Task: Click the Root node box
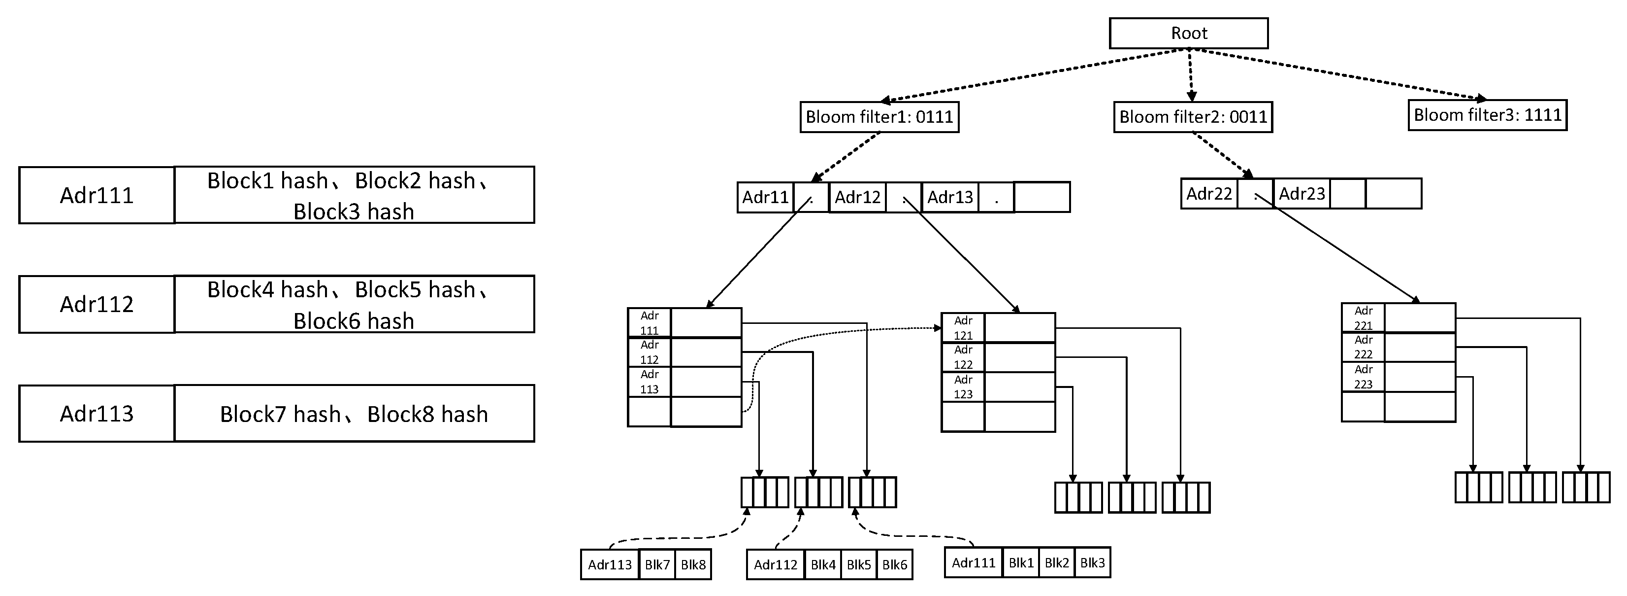click(1188, 33)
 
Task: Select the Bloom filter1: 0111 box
click(879, 117)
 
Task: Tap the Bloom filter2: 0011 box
click(1193, 117)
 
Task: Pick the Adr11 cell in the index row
click(765, 197)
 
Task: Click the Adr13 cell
click(949, 197)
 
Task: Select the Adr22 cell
click(1208, 193)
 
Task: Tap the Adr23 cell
click(1301, 193)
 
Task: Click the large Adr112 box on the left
click(97, 304)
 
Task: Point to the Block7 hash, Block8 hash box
click(354, 414)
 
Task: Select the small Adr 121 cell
click(963, 328)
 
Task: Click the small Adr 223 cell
click(1363, 377)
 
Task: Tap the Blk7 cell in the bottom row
click(657, 564)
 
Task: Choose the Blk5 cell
click(858, 564)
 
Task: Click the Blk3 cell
click(1092, 562)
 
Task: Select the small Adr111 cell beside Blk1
click(973, 562)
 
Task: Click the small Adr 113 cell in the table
click(650, 382)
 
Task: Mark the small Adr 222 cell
click(1363, 347)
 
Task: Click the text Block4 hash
click(268, 290)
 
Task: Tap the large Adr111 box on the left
click(97, 195)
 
